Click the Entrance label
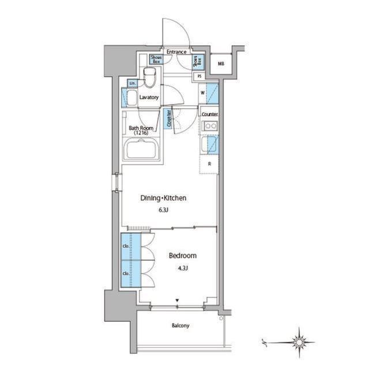[x=176, y=52]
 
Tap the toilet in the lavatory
[x=151, y=77]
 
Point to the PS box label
[x=199, y=76]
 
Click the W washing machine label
[x=203, y=92]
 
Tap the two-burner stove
[x=209, y=125]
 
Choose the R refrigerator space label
[x=209, y=163]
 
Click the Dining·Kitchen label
[x=164, y=198]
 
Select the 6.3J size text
[x=164, y=210]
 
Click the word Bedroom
[x=183, y=255]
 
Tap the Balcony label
[x=180, y=326]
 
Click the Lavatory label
[x=149, y=98]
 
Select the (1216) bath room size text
[x=141, y=133]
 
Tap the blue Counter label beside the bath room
[x=168, y=118]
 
